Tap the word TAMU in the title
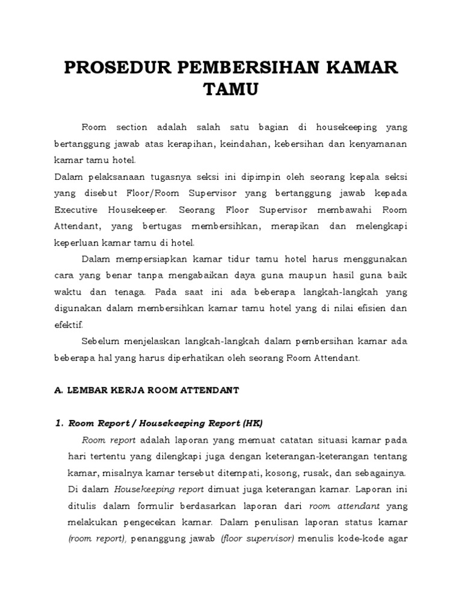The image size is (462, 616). pos(230,90)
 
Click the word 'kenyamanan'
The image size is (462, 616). pos(375,144)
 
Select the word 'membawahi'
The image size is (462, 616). pos(318,210)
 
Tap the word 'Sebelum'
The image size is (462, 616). pos(101,341)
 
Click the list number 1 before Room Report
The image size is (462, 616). pos(58,422)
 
